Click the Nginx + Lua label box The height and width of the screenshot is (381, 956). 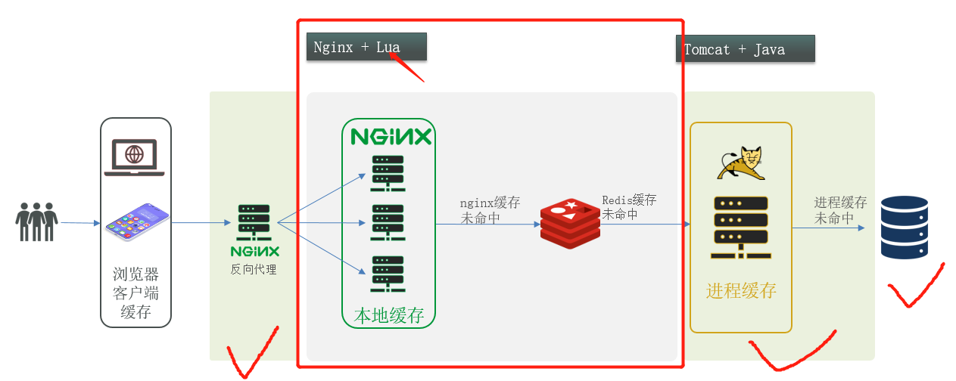pos(366,47)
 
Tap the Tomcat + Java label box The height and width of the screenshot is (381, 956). pos(745,50)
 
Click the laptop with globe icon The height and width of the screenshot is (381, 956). pos(135,156)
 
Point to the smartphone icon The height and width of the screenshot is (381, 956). pos(137,222)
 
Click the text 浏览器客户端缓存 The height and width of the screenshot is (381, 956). pos(136,293)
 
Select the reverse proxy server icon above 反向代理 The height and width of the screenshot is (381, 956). pos(254,222)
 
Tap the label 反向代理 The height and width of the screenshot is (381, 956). pos(254,269)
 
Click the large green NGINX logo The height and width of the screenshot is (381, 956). pos(391,137)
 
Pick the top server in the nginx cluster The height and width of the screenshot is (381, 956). pos(387,174)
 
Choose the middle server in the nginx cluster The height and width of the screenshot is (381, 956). pos(387,224)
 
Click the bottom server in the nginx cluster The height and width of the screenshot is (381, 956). pos(387,274)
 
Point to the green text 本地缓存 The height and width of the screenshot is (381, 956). pos(389,315)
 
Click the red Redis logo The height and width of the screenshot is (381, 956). pos(570,223)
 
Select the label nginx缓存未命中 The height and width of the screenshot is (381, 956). pos(490,211)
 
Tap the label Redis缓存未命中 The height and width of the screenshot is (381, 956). pos(629,207)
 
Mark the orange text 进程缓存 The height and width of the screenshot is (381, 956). pos(741,291)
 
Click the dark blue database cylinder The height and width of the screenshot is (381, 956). pos(904,227)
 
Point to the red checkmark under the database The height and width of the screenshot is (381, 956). pos(914,287)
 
